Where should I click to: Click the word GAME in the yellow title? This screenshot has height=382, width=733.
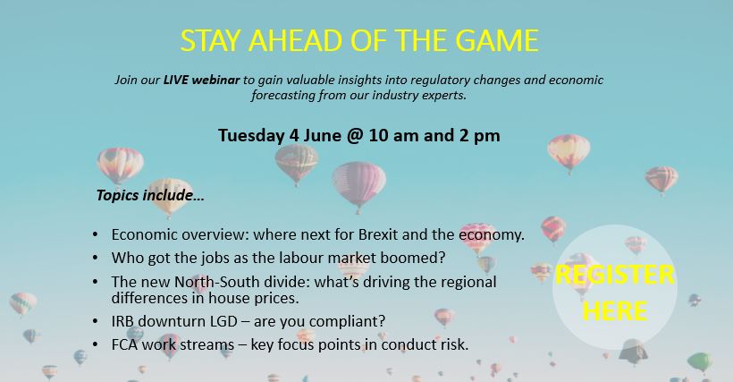(x=497, y=40)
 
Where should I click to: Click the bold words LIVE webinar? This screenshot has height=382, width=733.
(x=201, y=80)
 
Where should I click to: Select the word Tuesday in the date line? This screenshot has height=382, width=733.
(x=251, y=136)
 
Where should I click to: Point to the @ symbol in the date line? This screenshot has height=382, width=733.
(x=355, y=136)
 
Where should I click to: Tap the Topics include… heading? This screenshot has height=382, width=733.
(x=150, y=195)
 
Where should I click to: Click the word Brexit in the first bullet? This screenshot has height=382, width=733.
(x=378, y=233)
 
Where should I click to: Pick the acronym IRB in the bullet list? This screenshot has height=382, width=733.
(x=122, y=321)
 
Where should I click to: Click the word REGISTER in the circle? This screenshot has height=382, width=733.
(x=615, y=275)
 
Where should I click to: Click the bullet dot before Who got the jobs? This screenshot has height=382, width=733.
(x=96, y=258)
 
